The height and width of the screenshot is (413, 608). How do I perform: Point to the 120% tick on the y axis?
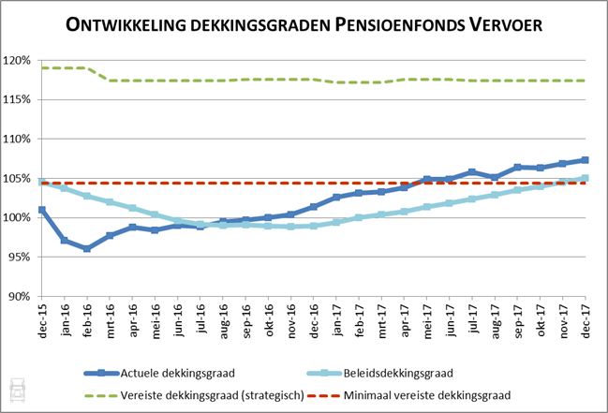coord(21,61)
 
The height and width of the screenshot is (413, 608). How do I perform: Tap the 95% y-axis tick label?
coord(23,257)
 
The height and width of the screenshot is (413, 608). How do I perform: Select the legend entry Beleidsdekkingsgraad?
coord(406,372)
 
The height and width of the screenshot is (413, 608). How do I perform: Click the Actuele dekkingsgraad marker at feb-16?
coord(87,248)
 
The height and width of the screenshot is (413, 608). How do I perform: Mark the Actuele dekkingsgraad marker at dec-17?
coord(586,160)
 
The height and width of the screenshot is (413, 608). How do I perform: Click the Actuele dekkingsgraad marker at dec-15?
coord(42,210)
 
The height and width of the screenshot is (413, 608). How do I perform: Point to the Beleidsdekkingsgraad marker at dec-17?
coord(586,178)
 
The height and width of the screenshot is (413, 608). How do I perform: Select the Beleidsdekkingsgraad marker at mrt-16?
coord(110,201)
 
